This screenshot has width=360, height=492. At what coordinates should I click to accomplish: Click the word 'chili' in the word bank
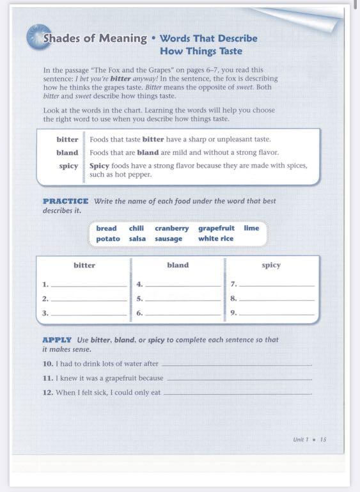(136, 228)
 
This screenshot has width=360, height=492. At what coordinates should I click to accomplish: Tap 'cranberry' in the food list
(171, 228)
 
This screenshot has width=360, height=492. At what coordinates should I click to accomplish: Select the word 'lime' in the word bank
(251, 228)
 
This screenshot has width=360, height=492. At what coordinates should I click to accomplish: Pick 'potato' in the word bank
(108, 239)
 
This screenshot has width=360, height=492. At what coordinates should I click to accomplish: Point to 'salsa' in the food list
(137, 239)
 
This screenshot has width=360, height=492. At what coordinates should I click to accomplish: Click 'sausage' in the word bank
(168, 239)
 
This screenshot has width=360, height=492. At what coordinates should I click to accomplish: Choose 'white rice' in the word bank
(215, 239)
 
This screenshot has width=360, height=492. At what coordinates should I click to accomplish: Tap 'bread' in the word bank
(106, 228)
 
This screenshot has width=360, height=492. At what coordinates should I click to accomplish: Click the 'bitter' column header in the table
(84, 265)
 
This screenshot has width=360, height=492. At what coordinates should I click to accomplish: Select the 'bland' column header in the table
(177, 265)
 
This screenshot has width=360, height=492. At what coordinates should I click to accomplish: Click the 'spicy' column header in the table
(271, 265)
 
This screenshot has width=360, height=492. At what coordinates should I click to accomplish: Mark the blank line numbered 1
(88, 285)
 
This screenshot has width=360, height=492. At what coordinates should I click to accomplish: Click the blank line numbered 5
(182, 299)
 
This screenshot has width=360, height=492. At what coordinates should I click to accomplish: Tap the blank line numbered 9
(276, 313)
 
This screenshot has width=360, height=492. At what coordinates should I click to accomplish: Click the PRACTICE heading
(66, 201)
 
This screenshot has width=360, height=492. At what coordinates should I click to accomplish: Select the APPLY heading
(57, 340)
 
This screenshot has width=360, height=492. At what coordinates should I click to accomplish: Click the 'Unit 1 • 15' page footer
(309, 440)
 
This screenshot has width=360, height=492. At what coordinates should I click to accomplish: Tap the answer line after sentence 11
(239, 379)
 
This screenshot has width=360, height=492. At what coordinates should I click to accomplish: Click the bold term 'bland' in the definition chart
(67, 153)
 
